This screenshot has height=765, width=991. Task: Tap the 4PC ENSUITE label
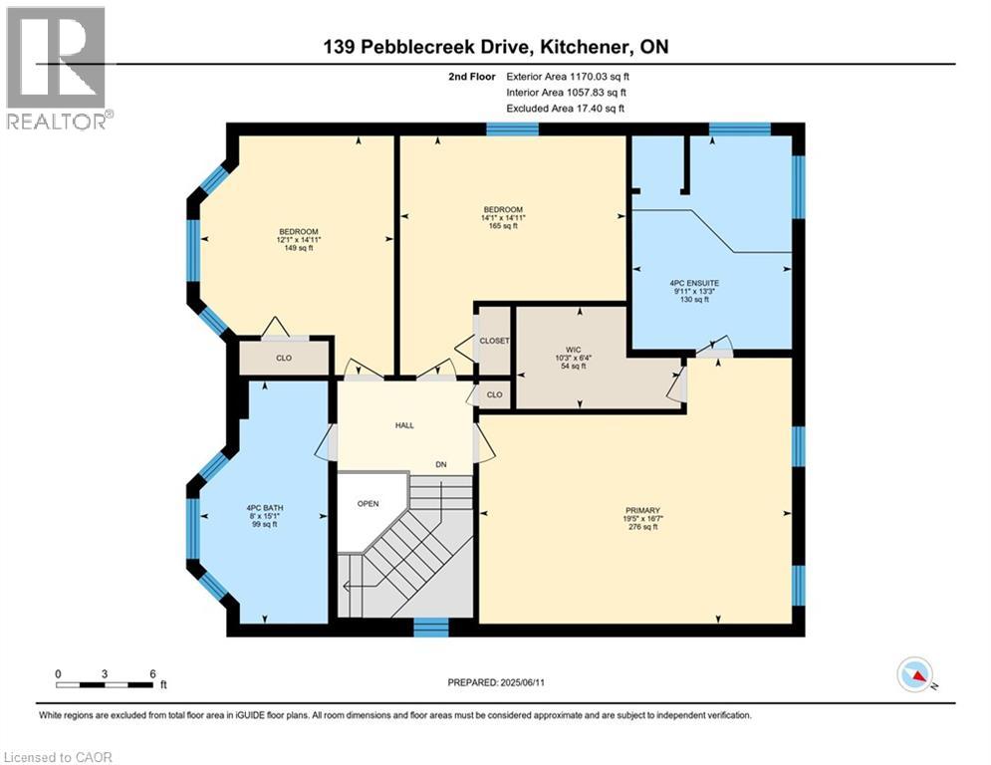pos(694,283)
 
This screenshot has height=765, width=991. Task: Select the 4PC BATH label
pos(265,508)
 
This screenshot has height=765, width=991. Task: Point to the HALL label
pos(404,425)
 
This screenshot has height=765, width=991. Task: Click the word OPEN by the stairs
pos(369,503)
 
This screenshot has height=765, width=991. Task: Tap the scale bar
pos(106,684)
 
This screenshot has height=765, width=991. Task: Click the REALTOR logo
pos(58,68)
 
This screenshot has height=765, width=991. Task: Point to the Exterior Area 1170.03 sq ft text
pos(568,76)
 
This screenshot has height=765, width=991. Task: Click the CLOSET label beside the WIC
pos(495,341)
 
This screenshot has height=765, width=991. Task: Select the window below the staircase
pos(431,627)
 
